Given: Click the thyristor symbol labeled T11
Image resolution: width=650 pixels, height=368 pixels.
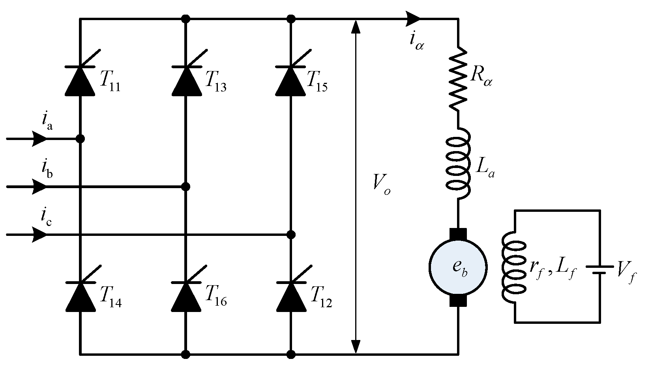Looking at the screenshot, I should pyautogui.click(x=80, y=80).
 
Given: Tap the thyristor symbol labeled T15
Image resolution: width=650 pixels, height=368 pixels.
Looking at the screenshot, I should pyautogui.click(x=291, y=80).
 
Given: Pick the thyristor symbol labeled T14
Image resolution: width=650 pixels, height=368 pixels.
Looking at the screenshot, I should pyautogui.click(x=80, y=296).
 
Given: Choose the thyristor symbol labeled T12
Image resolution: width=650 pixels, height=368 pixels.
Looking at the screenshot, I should pyautogui.click(x=291, y=296).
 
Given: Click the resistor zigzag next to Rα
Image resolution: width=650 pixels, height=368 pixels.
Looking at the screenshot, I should pyautogui.click(x=458, y=79).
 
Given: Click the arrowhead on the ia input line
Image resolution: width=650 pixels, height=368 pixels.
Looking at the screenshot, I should pyautogui.click(x=39, y=139).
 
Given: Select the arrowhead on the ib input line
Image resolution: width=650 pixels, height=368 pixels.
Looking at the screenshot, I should pyautogui.click(x=39, y=187).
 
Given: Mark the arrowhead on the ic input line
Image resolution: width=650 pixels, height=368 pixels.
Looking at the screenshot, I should pyautogui.click(x=39, y=235).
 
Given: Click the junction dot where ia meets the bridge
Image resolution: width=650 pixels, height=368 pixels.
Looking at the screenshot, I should pyautogui.click(x=80, y=139).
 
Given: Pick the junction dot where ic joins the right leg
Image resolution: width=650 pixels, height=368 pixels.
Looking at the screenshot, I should pyautogui.click(x=291, y=235).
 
